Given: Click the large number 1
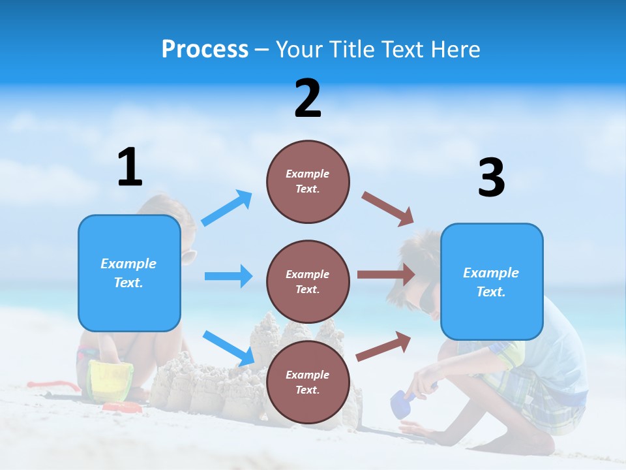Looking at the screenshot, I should click(x=130, y=167).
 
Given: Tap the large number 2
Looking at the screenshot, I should click(x=308, y=99).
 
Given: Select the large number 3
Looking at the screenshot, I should click(x=491, y=178).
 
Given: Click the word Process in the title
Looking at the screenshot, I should click(x=205, y=49).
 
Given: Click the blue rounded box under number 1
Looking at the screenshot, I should click(x=129, y=273).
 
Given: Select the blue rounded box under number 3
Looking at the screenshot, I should click(x=492, y=281).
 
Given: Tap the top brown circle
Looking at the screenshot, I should click(x=308, y=181).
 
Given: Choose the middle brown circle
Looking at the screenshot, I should click(x=308, y=281).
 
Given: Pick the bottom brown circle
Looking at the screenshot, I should click(x=308, y=382).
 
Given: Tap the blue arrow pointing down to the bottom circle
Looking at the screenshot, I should click(x=229, y=348).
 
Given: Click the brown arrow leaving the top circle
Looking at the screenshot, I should click(x=388, y=209).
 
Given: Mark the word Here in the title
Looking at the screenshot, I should click(x=456, y=49).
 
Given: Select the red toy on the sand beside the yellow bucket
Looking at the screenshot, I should click(x=123, y=408).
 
